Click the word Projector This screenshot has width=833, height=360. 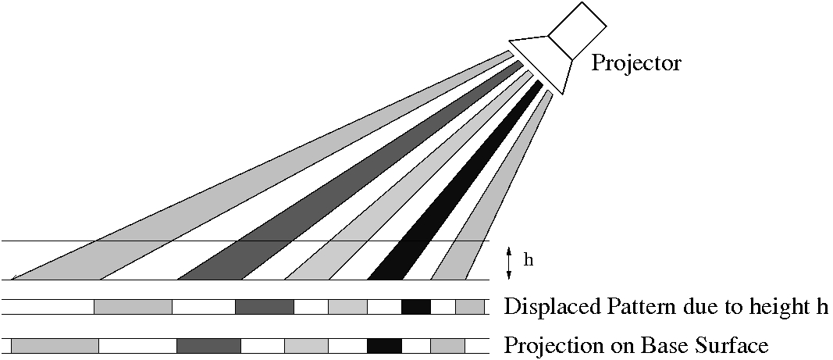pos(635,62)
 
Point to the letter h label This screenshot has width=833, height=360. pos(528,260)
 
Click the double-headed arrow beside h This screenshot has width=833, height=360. pos(509,262)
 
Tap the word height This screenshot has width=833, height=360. pos(782,306)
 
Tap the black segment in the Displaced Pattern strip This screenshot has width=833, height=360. pos(416,306)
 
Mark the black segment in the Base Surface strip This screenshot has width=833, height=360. pos(384,345)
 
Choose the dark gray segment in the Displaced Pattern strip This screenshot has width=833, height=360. pos(264,306)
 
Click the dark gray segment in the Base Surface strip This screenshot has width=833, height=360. pos(208,345)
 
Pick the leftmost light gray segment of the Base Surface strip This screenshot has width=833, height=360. pos(55,345)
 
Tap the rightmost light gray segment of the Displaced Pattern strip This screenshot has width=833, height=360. pos(469,306)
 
